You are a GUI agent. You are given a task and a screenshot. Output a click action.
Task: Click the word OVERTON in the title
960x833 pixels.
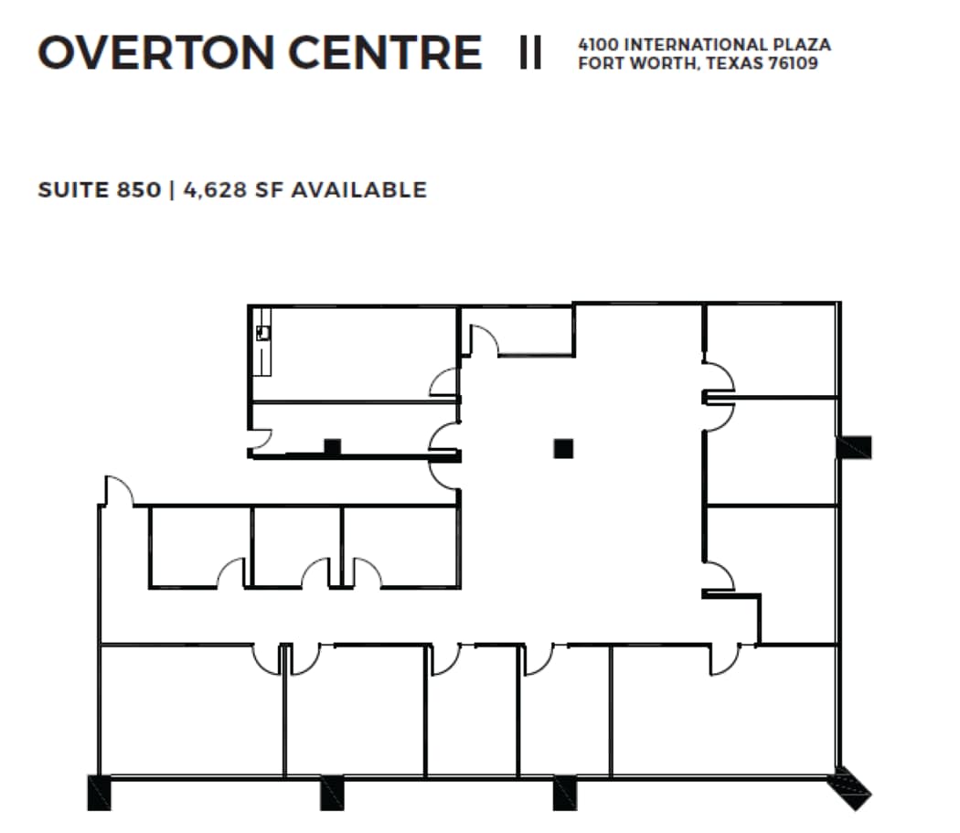pos(156,52)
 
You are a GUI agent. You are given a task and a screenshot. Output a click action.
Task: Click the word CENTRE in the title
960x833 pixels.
pos(385,52)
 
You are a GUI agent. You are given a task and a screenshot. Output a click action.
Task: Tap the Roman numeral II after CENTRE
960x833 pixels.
pos(530,53)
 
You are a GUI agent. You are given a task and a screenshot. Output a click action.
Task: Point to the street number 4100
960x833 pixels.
pos(598,45)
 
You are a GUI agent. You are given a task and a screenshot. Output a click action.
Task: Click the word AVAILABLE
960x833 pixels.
pos(358,190)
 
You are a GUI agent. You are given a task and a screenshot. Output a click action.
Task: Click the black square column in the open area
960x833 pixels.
pos(563,448)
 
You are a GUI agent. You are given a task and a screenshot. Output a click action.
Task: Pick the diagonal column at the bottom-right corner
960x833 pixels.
pos(849,789)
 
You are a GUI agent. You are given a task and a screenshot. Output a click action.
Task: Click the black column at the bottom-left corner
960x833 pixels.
pos(99,793)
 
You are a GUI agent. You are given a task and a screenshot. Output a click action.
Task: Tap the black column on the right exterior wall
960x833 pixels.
pos(855,447)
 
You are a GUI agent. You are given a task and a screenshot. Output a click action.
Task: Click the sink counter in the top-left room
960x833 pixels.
pos(263,341)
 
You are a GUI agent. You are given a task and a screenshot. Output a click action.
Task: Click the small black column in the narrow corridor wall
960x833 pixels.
pos(333,447)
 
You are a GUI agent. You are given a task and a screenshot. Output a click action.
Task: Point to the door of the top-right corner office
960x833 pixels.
pos(719,377)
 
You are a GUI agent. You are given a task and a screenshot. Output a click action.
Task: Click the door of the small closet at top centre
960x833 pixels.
pos(485,339)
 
